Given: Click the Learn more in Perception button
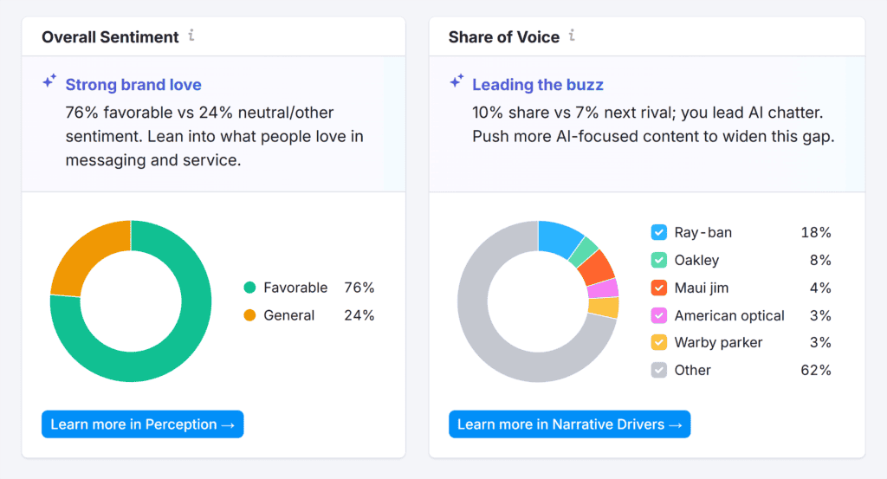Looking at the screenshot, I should point(142,424).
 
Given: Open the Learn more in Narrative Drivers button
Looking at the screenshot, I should point(569,424).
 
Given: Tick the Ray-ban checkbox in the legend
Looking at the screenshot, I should point(659,232).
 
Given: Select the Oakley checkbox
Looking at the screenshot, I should point(659,260).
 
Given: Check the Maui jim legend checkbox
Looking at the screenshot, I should point(659,288).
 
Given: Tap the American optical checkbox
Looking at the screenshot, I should point(659,315).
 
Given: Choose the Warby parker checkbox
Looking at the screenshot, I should point(659,342).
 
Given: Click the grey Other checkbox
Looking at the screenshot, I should point(659,370).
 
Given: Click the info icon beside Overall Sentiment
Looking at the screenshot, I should point(191,36).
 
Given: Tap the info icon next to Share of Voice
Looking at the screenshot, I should point(572,36).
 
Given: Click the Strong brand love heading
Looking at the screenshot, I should point(133,85).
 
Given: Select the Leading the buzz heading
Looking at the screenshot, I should point(538,85).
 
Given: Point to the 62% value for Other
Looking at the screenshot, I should point(816,370).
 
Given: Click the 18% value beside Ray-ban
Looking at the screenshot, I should point(816,232).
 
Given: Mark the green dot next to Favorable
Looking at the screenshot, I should point(250,288).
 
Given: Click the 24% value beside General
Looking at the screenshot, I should point(359,315).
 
